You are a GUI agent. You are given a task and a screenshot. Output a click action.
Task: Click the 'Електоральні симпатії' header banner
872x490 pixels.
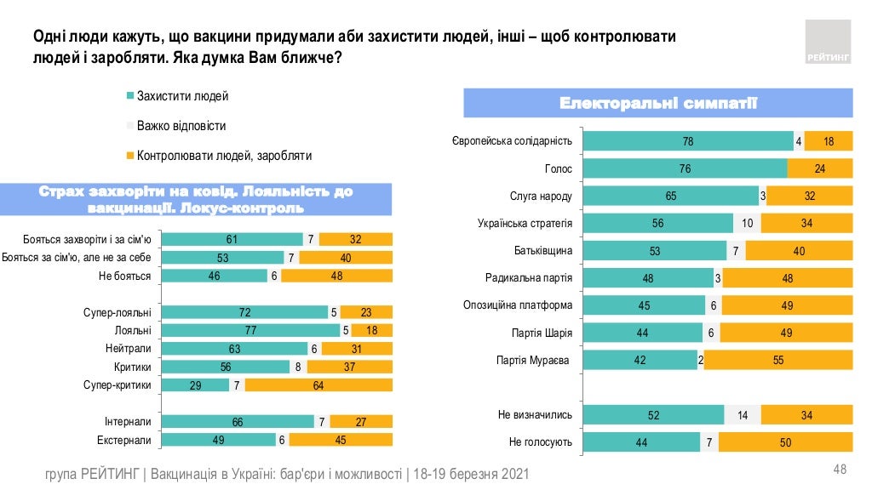click(x=657, y=104)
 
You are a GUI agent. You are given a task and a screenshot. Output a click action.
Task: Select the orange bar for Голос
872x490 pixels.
click(x=819, y=168)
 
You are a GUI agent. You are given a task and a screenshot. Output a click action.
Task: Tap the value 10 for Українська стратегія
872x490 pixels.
click(x=747, y=224)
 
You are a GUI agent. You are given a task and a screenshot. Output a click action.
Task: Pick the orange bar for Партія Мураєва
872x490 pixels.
click(x=778, y=361)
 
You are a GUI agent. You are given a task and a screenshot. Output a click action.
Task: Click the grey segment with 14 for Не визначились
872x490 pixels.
click(x=743, y=415)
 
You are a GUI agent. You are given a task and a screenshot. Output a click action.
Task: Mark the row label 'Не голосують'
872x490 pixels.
click(x=541, y=443)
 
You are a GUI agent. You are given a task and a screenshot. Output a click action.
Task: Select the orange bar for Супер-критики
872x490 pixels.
click(x=318, y=385)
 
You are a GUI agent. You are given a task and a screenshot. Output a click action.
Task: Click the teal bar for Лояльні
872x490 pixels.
click(x=250, y=330)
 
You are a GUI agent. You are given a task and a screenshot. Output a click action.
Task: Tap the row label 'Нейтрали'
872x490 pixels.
click(x=129, y=349)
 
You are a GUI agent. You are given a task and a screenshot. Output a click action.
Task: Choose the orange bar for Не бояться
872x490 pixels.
click(x=336, y=276)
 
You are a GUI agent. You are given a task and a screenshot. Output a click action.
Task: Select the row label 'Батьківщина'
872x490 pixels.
click(x=542, y=251)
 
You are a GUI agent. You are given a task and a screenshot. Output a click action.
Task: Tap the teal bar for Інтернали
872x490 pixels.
click(x=238, y=422)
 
